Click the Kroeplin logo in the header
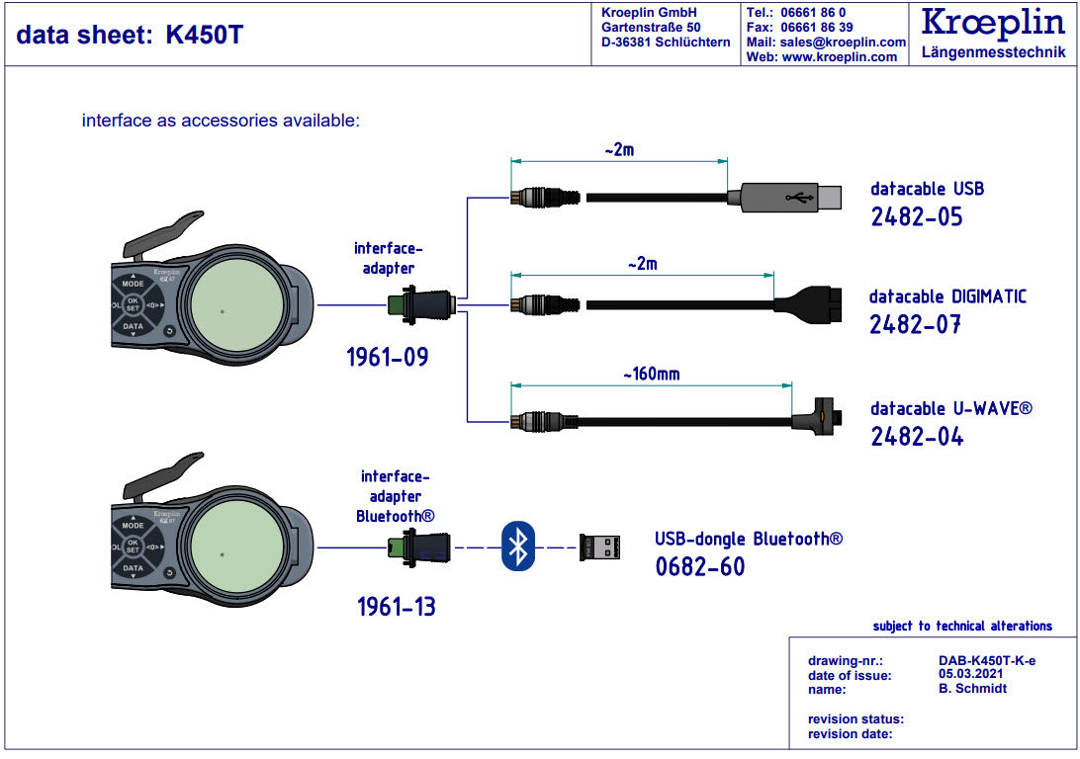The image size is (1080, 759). [x=993, y=23]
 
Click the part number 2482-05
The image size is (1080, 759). [x=916, y=217]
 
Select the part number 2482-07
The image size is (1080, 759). [x=915, y=324]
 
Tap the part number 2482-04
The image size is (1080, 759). [x=917, y=436]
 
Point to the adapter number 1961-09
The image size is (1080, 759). [x=388, y=357]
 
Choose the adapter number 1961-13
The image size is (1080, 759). [x=397, y=606]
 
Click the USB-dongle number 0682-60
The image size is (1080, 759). [x=699, y=566]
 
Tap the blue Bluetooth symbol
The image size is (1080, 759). [x=517, y=547]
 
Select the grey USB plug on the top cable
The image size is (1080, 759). [x=785, y=197]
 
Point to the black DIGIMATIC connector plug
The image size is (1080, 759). [x=808, y=306]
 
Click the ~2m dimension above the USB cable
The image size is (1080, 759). [x=618, y=150]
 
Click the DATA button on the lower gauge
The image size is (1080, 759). [x=133, y=568]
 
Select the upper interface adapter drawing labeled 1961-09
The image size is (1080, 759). [x=420, y=304]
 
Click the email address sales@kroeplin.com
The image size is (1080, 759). [x=843, y=42]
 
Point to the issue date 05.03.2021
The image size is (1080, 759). [x=975, y=674]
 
